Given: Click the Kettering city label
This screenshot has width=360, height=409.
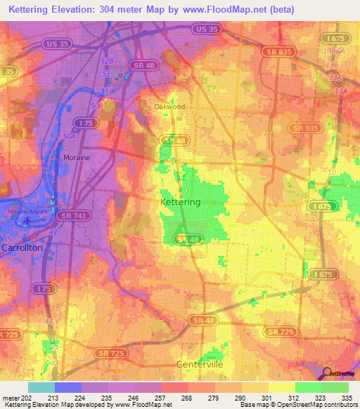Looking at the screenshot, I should click(181, 202).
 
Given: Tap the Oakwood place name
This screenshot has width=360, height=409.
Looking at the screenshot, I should click(169, 107).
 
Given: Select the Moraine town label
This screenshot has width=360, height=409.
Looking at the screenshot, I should click(77, 157).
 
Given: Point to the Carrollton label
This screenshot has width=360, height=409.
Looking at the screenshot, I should click(22, 248).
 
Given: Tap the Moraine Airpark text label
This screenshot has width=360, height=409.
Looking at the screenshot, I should click(27, 211).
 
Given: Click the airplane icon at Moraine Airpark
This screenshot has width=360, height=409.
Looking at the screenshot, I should click(27, 220).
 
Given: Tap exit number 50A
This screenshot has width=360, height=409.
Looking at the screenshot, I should click(69, 136).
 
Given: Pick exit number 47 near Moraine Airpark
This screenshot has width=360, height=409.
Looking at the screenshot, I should click(51, 231).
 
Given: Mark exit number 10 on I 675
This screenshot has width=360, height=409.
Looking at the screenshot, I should click(332, 172).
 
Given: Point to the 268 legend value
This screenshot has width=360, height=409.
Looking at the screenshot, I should click(188, 398).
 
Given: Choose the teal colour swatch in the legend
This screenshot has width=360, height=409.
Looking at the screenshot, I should click(41, 387).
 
